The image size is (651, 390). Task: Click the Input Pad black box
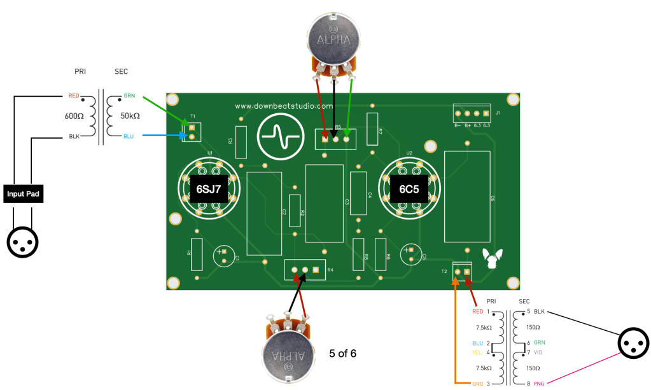point(24,194)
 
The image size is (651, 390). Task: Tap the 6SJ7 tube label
point(209,190)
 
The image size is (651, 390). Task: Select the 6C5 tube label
point(409,190)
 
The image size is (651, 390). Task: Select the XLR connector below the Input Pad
point(23,241)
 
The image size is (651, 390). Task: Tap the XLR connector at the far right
point(633,344)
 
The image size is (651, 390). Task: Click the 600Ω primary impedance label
point(75,116)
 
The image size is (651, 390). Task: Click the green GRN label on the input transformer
point(130,96)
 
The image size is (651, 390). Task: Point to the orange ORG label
point(478,384)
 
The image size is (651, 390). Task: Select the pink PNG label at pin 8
point(539,384)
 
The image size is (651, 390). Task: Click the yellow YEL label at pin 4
point(477,352)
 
